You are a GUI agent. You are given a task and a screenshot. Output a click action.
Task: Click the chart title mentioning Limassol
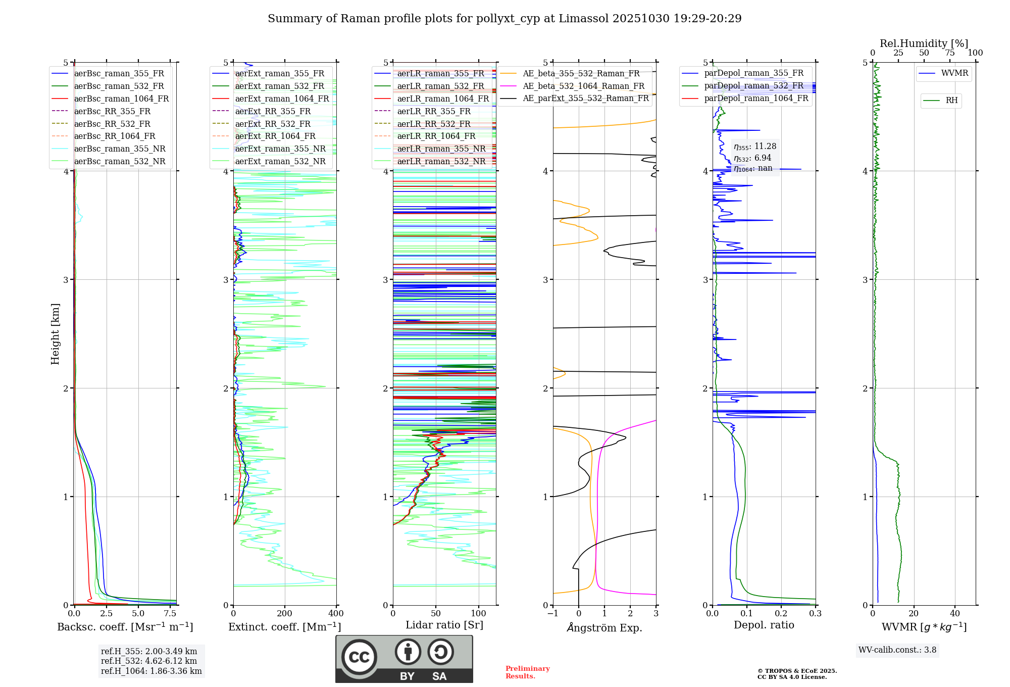pos(504,19)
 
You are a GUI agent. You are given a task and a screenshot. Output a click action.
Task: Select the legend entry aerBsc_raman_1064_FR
pos(121,99)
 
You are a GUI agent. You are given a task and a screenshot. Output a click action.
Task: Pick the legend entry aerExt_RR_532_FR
pos(273,124)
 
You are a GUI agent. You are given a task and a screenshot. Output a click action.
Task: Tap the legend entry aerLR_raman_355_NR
pos(441,149)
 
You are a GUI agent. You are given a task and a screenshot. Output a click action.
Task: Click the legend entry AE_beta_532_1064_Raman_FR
pos(583,86)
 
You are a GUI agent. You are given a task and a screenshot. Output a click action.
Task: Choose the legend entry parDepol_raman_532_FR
pos(753,85)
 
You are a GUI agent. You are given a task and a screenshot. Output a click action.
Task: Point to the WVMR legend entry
pos(954,73)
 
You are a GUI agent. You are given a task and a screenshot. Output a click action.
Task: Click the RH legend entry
pos(951,101)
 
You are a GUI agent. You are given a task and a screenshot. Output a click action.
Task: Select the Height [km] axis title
pos(55,334)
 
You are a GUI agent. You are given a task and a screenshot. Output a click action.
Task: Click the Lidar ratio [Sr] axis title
pos(444,625)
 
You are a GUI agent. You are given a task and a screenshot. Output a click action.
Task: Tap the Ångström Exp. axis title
pos(604,627)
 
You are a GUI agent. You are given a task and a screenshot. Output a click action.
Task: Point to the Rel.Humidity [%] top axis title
pos(924,43)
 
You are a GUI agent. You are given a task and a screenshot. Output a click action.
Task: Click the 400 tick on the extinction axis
pos(336,614)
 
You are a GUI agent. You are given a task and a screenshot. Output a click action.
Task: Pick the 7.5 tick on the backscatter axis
pos(170,614)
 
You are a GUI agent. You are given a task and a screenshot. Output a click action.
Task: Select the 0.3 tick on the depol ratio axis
pos(815,614)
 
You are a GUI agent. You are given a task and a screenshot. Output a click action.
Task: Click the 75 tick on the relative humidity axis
pos(950,53)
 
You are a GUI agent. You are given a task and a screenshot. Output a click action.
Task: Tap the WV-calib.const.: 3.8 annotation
pos(897,650)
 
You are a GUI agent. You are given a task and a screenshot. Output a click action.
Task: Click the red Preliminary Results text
pos(527,672)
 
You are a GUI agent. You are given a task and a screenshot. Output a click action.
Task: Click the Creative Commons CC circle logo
pos(359,657)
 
